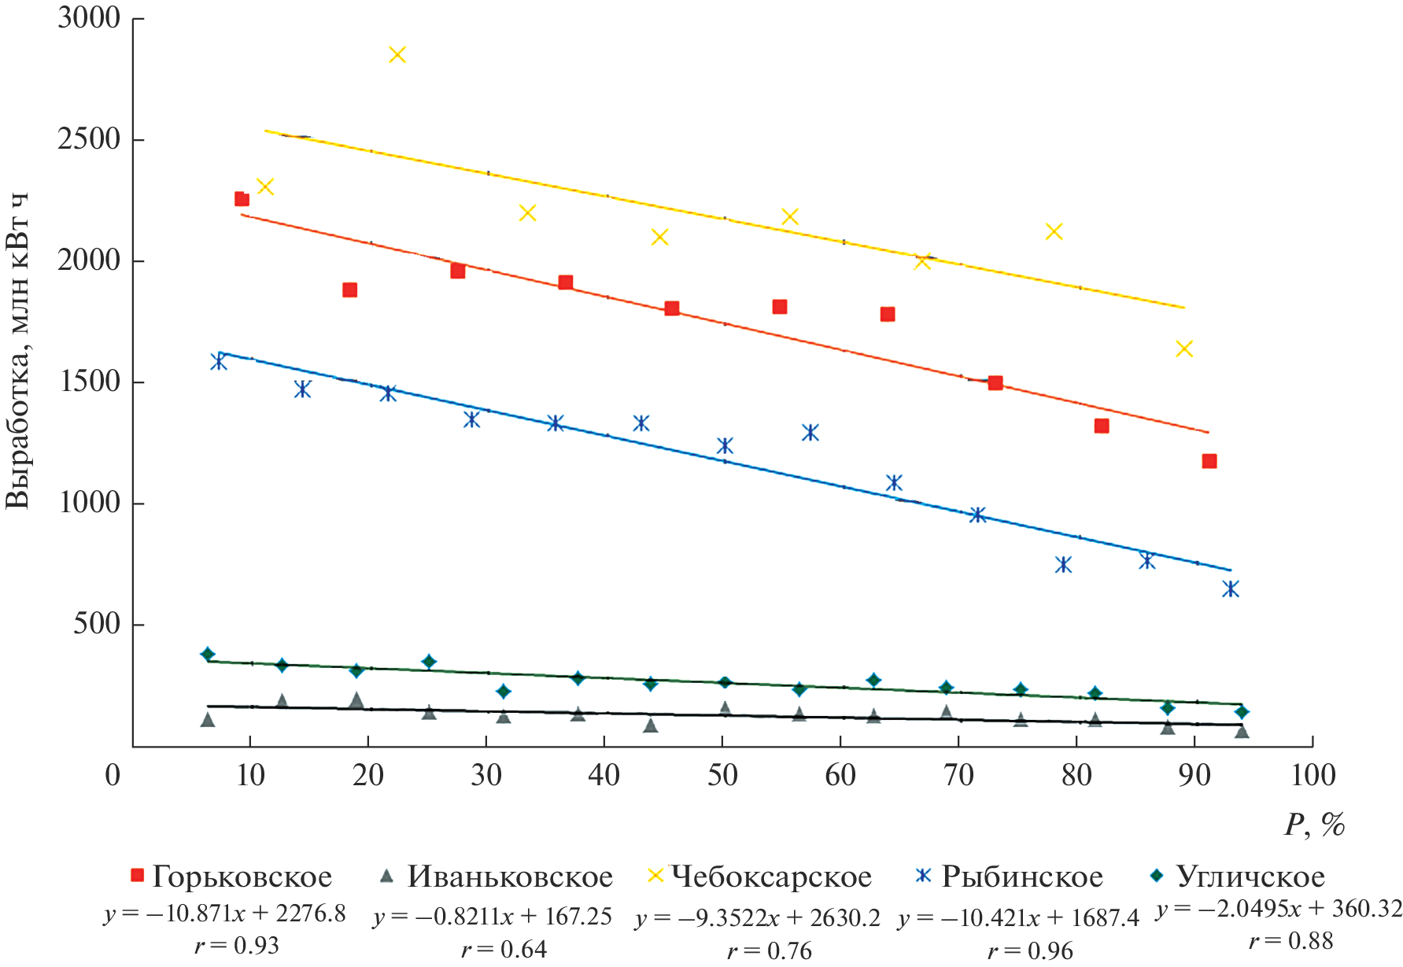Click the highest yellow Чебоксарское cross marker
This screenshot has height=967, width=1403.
point(397,54)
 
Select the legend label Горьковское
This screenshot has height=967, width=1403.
point(242,877)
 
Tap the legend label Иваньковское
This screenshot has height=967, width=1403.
point(510,877)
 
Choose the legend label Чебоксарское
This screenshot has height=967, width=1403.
point(771,877)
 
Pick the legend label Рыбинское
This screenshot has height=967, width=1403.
point(1022,877)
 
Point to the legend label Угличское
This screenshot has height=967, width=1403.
point(1250,877)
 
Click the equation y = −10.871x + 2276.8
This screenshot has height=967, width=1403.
point(225,913)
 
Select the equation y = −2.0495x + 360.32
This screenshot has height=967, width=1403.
point(1279,910)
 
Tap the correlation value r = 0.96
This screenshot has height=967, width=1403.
point(1030,951)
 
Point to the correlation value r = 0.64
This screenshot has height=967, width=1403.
point(504,950)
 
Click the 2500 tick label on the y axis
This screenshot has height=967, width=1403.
point(89,139)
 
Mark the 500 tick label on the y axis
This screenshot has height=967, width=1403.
point(97,624)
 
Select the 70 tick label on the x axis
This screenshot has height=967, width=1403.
point(958,776)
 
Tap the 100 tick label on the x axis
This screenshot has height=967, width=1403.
point(1313,776)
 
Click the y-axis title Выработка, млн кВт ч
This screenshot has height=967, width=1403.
point(17,350)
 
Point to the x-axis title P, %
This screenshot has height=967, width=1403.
point(1315,825)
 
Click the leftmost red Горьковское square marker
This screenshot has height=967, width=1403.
point(242,199)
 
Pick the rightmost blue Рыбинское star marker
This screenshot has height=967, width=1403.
point(1231,589)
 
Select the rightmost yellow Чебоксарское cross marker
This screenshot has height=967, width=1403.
point(1184,349)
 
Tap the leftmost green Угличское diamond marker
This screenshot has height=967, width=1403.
point(208,654)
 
